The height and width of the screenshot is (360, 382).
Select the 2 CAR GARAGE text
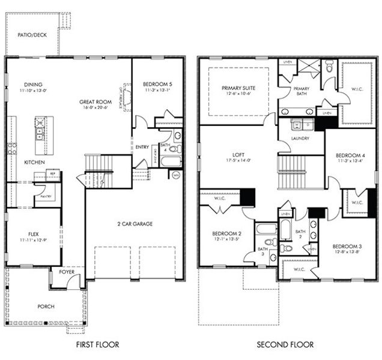point(135,224)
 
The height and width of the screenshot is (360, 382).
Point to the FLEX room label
point(33,234)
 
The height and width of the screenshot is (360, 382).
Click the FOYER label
point(67,272)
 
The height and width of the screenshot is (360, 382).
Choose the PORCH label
point(46,306)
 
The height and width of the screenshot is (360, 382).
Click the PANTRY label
point(46,196)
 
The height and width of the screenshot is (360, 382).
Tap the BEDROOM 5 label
point(158,84)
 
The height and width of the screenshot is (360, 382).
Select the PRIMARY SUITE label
point(238,88)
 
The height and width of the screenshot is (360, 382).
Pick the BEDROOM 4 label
point(349,155)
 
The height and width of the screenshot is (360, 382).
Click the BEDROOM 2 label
point(226,234)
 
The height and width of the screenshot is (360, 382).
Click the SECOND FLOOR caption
point(285,344)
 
